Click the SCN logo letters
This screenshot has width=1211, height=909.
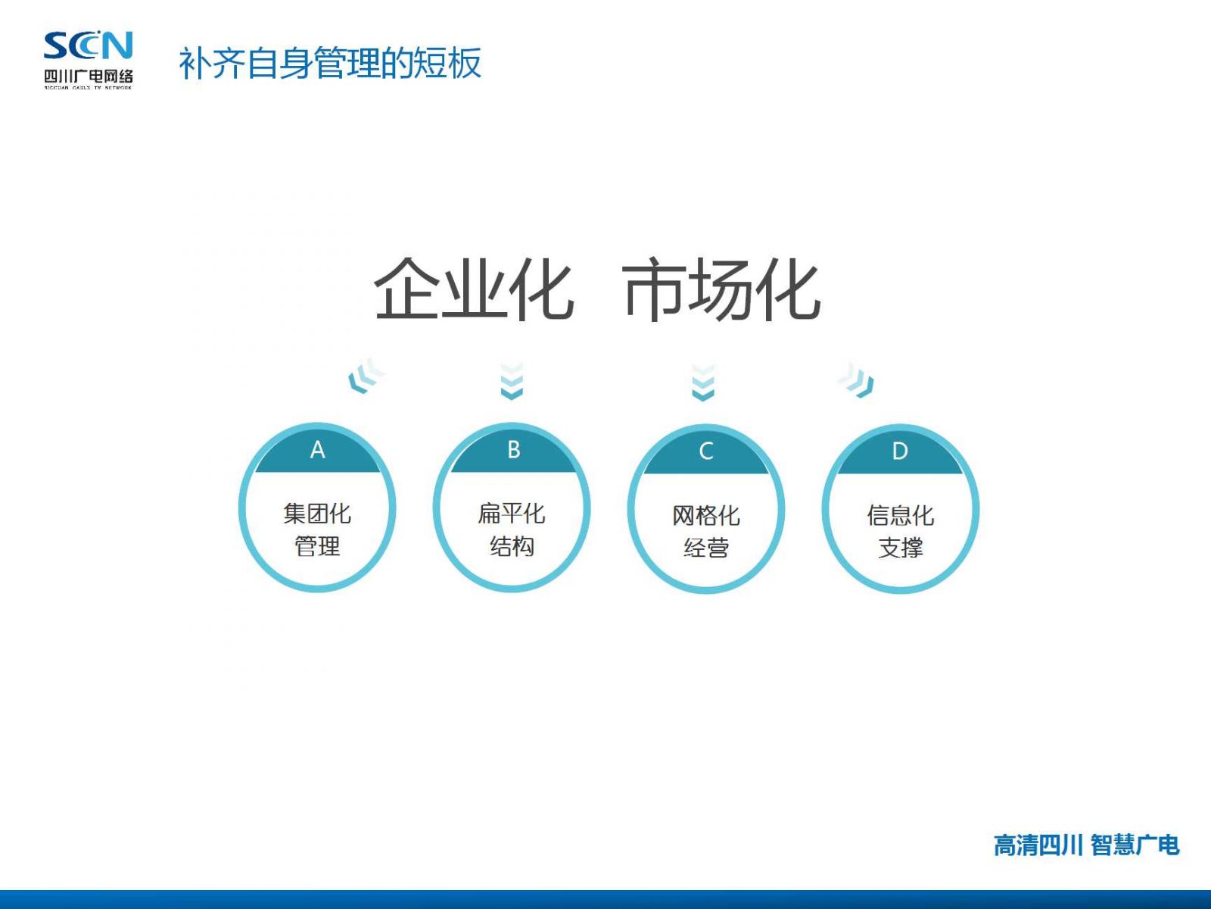[89, 45]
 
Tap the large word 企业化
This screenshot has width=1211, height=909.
[474, 289]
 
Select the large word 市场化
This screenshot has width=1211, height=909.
[722, 289]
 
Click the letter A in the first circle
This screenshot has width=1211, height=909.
[317, 451]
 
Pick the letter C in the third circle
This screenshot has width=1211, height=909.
[706, 451]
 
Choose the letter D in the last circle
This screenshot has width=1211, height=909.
[900, 451]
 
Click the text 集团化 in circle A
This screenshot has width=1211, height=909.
[317, 514]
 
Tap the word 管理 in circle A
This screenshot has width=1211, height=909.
[317, 546]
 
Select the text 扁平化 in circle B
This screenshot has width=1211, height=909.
[512, 514]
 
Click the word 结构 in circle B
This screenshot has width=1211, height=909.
[512, 546]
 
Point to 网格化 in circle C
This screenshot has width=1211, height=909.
[706, 516]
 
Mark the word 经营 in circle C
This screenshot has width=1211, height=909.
[706, 548]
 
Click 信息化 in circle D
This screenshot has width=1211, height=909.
[901, 516]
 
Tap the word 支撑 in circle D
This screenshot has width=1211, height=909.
[901, 548]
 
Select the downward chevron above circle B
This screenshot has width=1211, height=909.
[512, 381]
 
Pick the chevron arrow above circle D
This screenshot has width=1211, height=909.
[857, 380]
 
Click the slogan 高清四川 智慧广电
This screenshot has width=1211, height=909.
[1086, 845]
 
